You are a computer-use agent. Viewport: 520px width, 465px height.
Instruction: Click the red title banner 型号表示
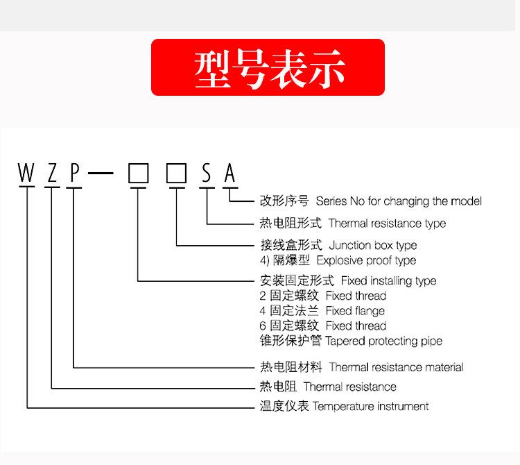pos(268,67)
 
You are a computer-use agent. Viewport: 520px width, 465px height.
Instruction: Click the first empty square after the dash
pos(139,173)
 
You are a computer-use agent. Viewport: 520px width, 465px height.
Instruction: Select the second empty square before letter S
pos(177,173)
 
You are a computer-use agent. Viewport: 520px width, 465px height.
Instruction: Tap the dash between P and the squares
pos(101,174)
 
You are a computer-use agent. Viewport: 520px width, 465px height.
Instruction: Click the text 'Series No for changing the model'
pos(398,201)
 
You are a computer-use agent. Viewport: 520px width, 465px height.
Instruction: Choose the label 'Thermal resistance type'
pos(387,223)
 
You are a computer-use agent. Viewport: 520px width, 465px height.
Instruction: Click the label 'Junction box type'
pos(373,245)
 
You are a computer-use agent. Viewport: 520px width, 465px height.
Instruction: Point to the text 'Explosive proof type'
pos(366,260)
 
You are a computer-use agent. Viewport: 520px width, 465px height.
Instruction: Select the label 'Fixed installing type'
pos(388,281)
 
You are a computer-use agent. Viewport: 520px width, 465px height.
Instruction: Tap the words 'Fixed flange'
pos(355,311)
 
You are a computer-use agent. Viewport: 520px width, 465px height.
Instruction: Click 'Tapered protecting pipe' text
pos(383,341)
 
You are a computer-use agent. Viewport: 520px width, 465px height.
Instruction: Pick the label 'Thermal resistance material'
pos(396,367)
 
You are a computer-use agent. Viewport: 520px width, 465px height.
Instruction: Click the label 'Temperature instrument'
pos(371,406)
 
